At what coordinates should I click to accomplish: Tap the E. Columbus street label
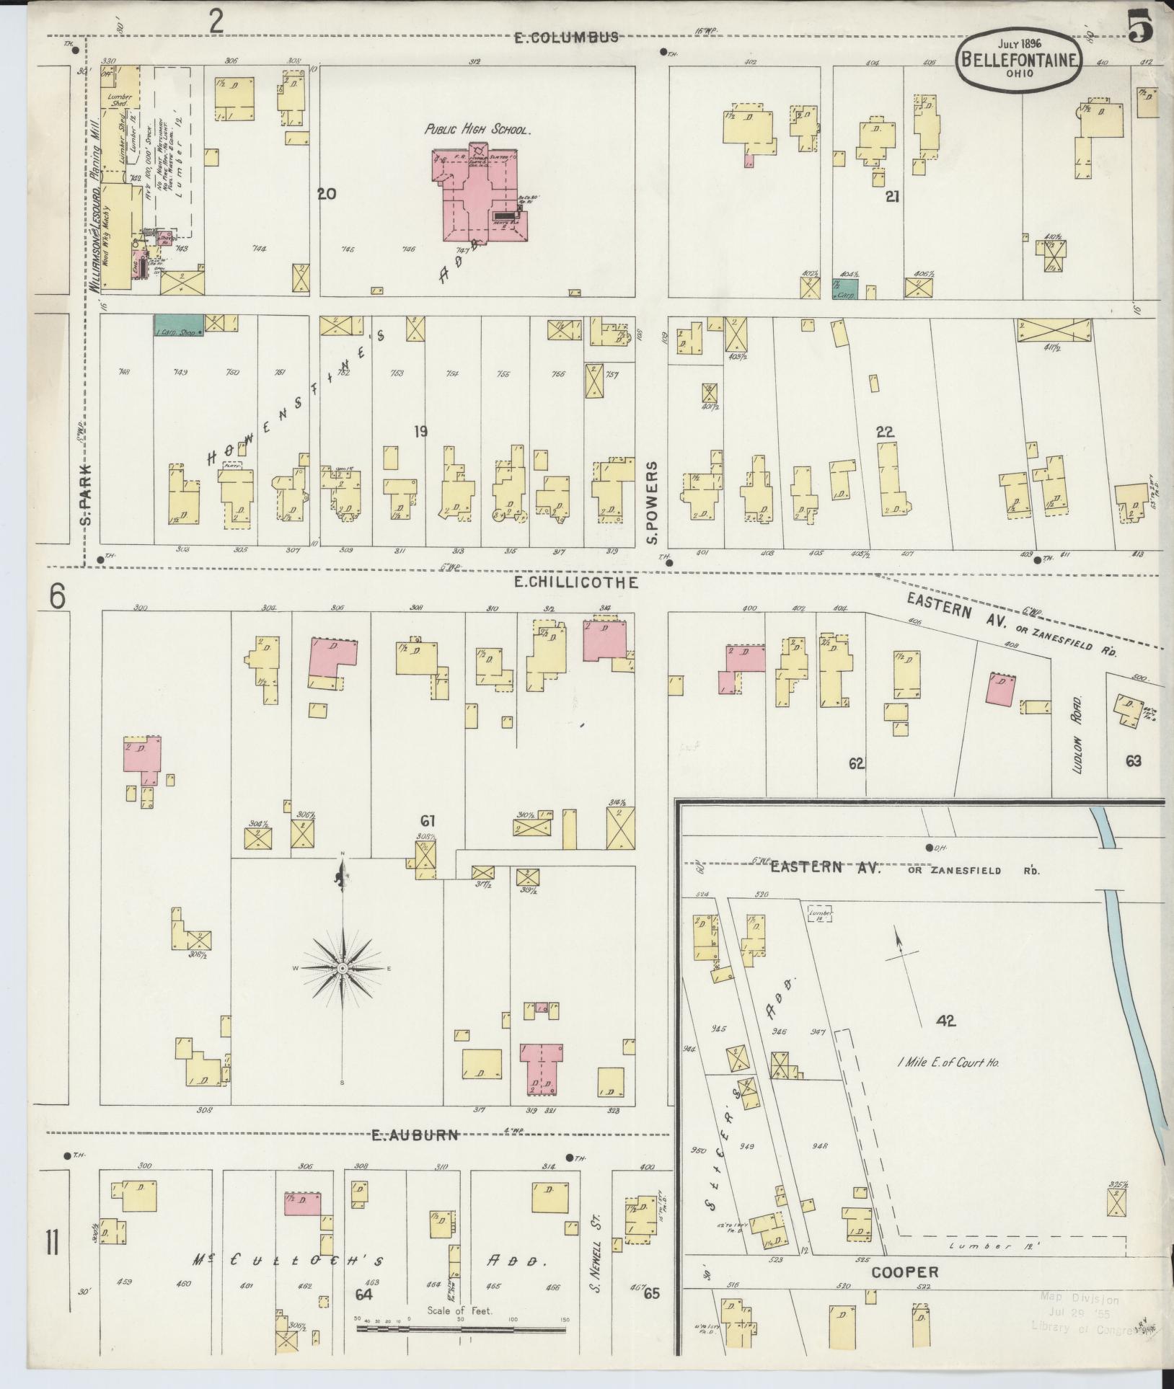click(x=566, y=38)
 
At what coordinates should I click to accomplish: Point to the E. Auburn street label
click(x=415, y=1135)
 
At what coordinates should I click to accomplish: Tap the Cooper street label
click(x=905, y=1272)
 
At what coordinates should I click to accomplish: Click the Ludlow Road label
click(x=1078, y=734)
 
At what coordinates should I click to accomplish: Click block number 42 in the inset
click(x=946, y=1020)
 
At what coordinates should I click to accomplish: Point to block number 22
click(x=885, y=432)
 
